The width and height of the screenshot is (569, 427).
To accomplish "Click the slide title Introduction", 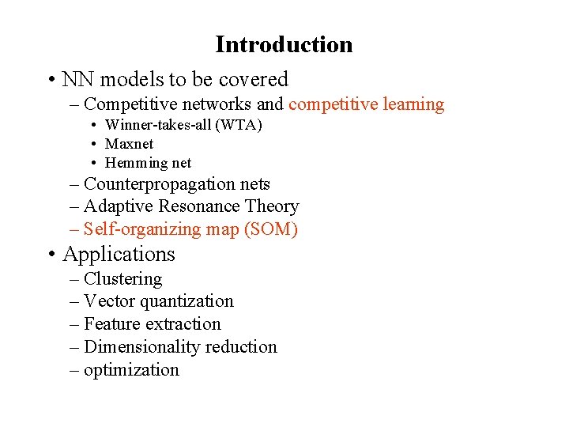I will pyautogui.click(x=284, y=44).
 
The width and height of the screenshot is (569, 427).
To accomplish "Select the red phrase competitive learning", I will pyautogui.click(x=366, y=104).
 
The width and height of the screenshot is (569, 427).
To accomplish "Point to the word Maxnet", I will pyautogui.click(x=129, y=144).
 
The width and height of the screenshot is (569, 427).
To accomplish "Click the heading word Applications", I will pyautogui.click(x=119, y=255).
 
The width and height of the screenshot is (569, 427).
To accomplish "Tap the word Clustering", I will pyautogui.click(x=122, y=279).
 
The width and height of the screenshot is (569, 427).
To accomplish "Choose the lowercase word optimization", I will pyautogui.click(x=131, y=370).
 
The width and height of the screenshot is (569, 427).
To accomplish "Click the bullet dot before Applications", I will pyautogui.click(x=50, y=255).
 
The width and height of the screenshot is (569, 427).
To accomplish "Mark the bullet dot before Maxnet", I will pyautogui.click(x=93, y=144).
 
